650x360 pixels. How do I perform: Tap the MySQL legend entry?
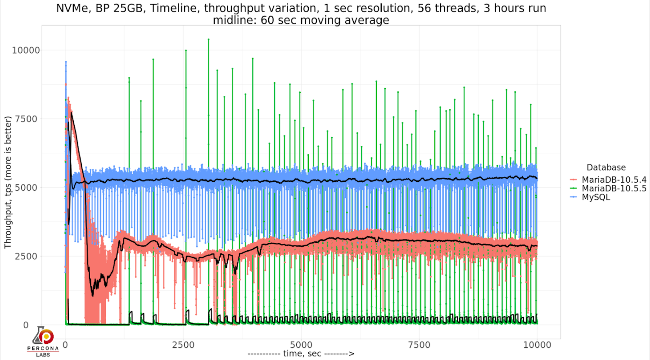coord(596,197)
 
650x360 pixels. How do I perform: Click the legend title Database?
coord(605,167)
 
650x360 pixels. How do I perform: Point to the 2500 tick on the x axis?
coord(183,345)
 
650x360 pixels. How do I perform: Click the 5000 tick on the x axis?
coord(301,345)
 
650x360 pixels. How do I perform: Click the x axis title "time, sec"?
coord(301,354)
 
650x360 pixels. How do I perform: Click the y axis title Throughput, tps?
coord(8,182)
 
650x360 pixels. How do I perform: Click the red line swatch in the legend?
coord(573,180)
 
